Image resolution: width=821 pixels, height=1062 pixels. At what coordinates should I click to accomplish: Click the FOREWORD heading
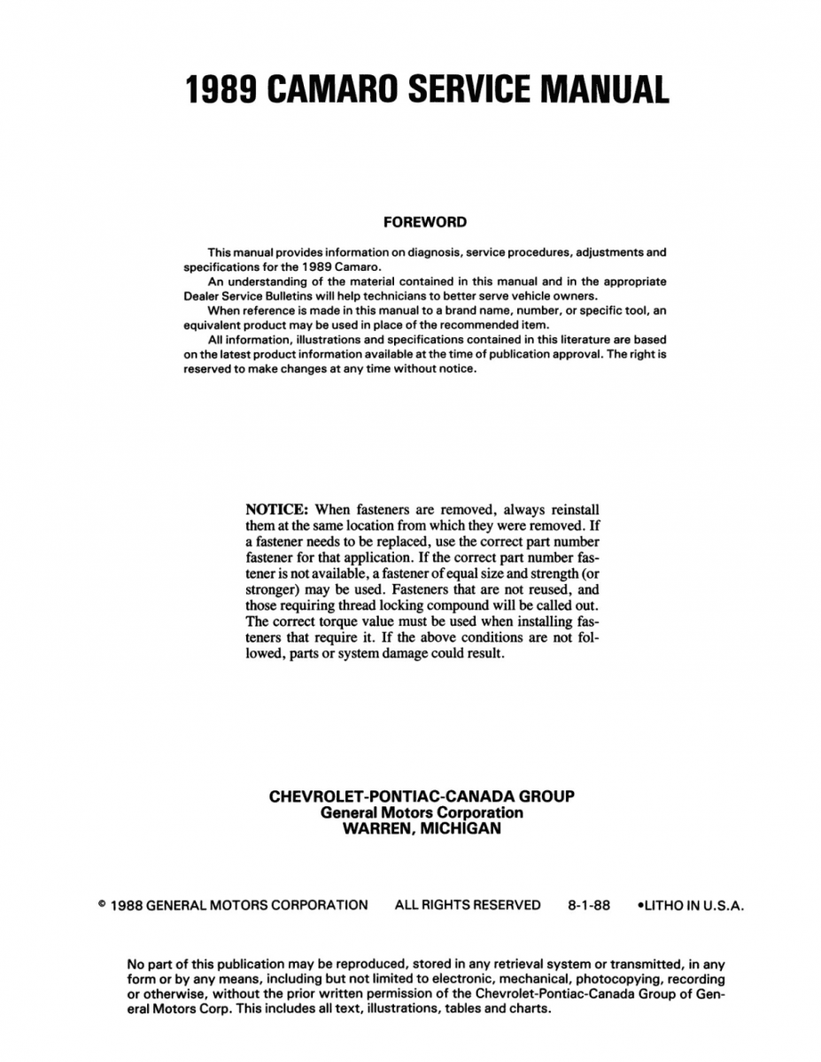click(x=425, y=222)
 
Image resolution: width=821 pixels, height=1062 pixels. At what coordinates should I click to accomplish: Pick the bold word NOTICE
click(x=276, y=509)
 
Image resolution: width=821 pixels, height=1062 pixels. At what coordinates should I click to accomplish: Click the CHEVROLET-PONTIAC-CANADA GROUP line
click(x=422, y=796)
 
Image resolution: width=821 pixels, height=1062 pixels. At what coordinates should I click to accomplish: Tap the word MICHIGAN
click(x=461, y=829)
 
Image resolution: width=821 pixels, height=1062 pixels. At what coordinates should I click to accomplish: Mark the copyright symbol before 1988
click(x=103, y=904)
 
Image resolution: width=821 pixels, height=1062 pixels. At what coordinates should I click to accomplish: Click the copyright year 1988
click(x=128, y=905)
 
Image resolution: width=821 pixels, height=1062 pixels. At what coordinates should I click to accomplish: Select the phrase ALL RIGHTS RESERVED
click(x=467, y=905)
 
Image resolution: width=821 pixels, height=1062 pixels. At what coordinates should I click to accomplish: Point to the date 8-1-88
click(x=589, y=905)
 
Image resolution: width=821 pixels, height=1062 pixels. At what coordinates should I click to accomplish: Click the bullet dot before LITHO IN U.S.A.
click(x=640, y=905)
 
